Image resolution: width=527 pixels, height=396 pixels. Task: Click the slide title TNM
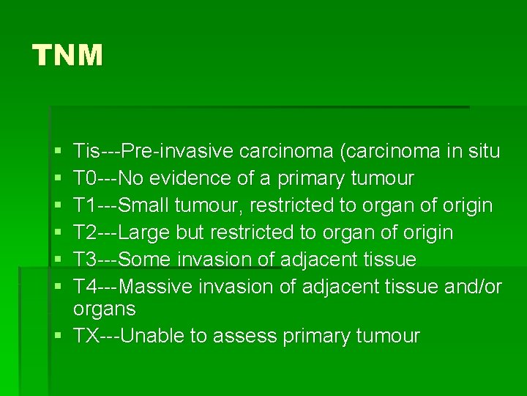tap(67, 55)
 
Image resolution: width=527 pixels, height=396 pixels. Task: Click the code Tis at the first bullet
tap(86, 151)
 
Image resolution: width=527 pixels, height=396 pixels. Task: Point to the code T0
tap(84, 178)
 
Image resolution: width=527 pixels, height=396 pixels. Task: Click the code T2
tap(84, 232)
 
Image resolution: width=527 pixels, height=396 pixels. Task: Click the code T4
tap(84, 287)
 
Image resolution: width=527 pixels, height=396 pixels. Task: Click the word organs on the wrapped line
tap(104, 309)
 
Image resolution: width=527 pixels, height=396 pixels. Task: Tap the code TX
tap(86, 336)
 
